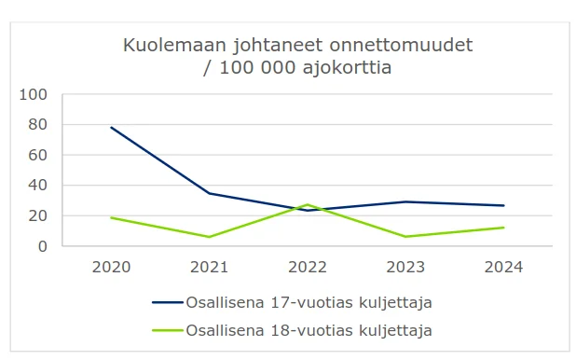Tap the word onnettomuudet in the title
(x=401, y=45)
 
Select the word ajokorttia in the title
(x=347, y=68)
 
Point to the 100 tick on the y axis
(x=33, y=95)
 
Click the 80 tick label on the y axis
(x=38, y=125)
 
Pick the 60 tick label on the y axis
(x=38, y=155)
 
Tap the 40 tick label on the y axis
(x=38, y=186)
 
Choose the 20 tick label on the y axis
(x=38, y=215)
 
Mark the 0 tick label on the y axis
(x=43, y=246)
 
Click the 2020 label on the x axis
(x=111, y=268)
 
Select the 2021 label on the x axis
(x=210, y=268)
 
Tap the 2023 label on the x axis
(x=405, y=268)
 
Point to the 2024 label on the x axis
(x=503, y=268)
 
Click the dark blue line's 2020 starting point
(x=111, y=128)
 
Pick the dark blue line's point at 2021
(x=210, y=193)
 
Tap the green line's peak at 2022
(x=308, y=205)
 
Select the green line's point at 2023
(x=405, y=237)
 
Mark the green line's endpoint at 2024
(x=503, y=228)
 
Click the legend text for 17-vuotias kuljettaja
(x=309, y=303)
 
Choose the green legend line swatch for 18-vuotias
(x=168, y=330)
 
